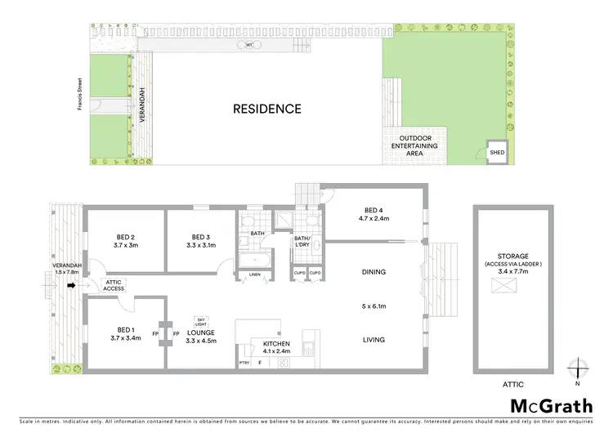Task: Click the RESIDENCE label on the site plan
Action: tap(267, 108)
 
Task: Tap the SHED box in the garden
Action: tap(496, 152)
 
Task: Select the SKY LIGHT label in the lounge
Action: tap(200, 321)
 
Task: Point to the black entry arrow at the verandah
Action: tap(71, 286)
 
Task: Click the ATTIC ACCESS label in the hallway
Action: tap(114, 285)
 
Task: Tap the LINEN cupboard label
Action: tap(254, 275)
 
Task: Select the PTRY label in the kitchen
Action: tap(244, 362)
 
